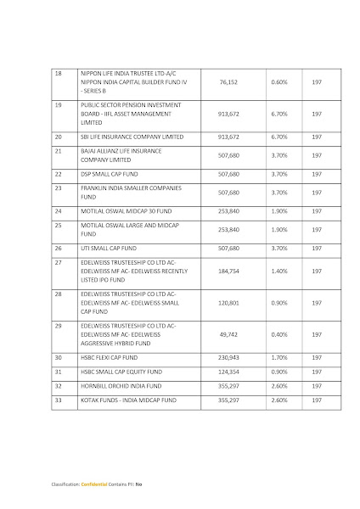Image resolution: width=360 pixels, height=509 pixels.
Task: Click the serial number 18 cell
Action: click(58, 74)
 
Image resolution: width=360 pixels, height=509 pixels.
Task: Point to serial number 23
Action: click(59, 187)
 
